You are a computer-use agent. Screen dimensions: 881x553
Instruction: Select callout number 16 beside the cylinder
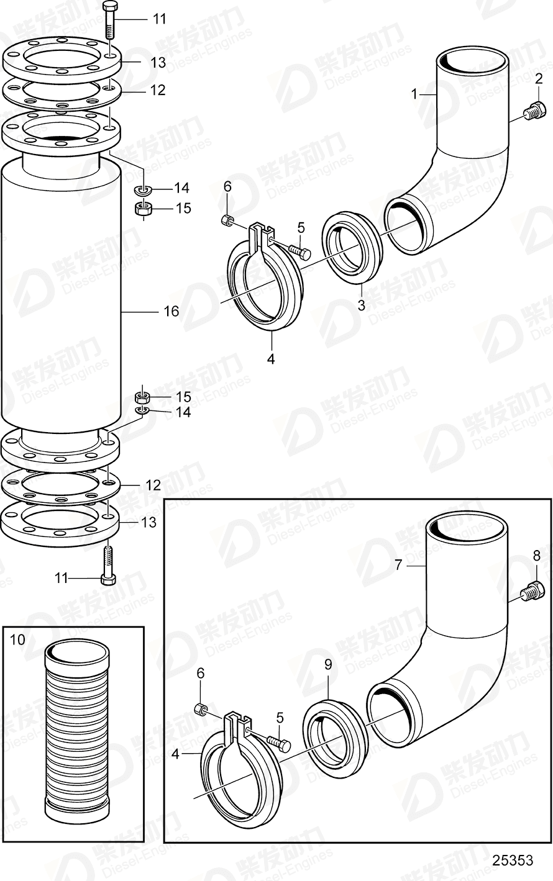pos(171,311)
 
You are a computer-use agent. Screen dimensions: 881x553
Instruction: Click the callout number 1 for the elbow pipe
pos(414,94)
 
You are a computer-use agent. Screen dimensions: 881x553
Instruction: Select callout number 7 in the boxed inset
pos(398,564)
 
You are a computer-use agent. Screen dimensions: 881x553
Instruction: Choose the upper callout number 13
pos(158,63)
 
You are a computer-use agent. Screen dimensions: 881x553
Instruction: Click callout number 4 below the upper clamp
pos(270,359)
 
